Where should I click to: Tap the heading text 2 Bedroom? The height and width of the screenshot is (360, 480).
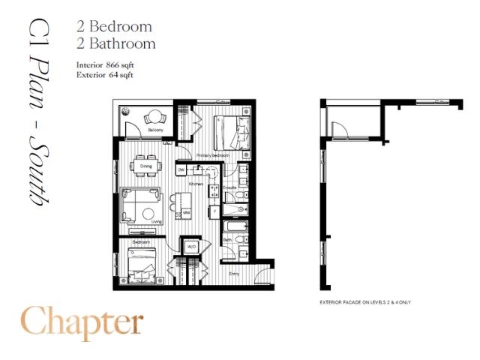tap(115, 25)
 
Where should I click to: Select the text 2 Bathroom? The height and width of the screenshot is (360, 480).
tap(116, 43)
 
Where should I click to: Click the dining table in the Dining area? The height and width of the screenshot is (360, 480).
tap(146, 166)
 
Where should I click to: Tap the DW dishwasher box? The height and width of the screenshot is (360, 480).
tap(181, 170)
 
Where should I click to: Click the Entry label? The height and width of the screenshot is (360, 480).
tap(235, 274)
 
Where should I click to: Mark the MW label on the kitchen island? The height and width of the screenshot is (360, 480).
tap(187, 213)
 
